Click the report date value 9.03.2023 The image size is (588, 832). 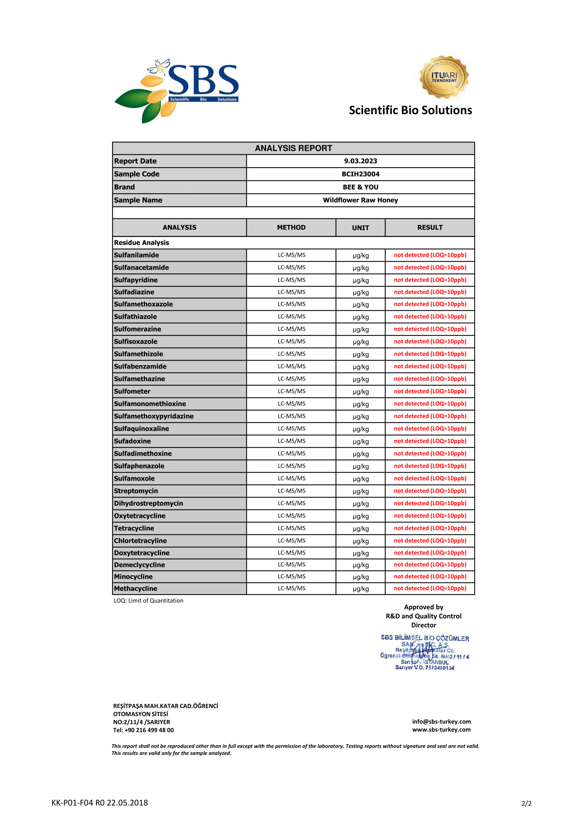coord(360,161)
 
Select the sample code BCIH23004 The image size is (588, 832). coord(360,174)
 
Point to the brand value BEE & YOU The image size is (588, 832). coord(360,187)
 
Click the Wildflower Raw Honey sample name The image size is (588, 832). coord(360,200)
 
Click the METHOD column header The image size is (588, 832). coord(291,228)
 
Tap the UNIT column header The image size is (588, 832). coord(360,228)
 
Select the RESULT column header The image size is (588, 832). coord(430,228)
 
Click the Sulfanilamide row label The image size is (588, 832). coord(137,255)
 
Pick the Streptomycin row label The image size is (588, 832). coord(136,491)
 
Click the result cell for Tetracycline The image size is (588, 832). coord(430,528)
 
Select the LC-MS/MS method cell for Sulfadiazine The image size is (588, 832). coord(292,292)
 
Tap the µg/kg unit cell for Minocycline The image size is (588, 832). coord(360,577)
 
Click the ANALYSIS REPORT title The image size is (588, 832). coord(293,148)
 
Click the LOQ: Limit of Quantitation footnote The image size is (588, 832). coord(149,601)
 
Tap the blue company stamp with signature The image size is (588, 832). coord(424,652)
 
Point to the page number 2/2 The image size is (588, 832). coord(526,804)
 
